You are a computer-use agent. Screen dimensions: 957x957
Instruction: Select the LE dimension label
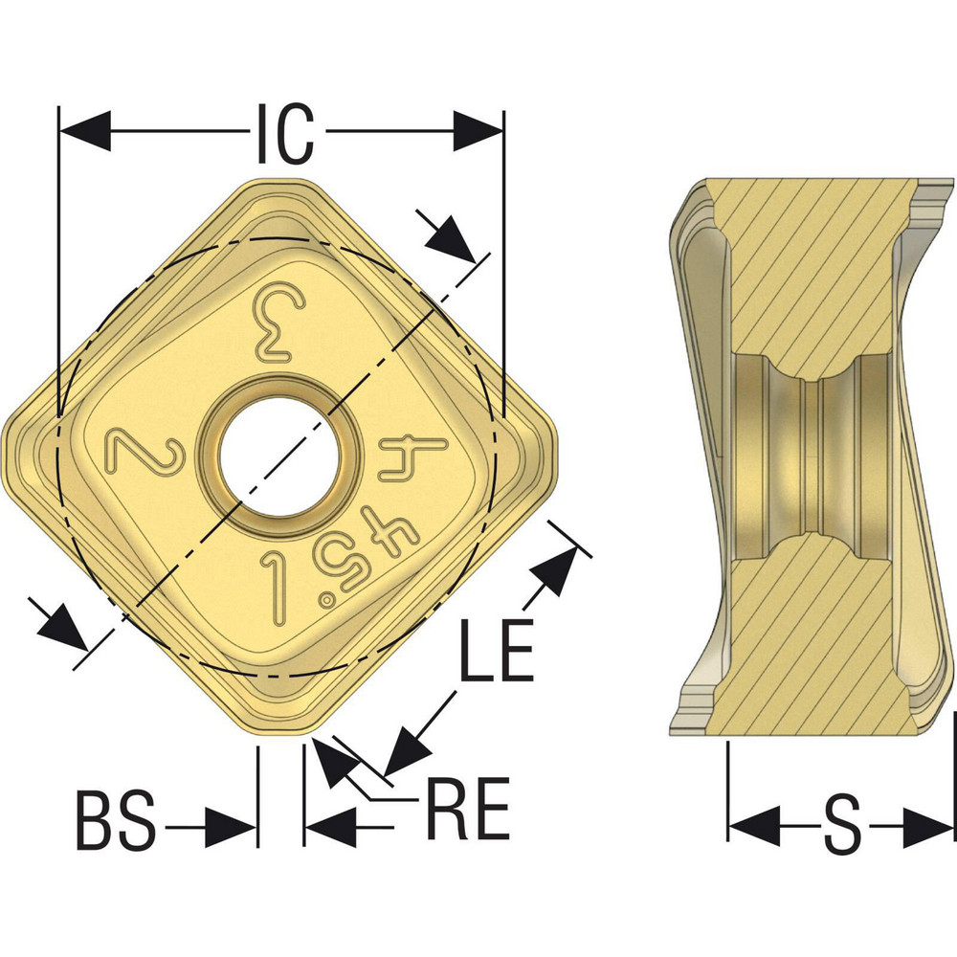[x=496, y=651]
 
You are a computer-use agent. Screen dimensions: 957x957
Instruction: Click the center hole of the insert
[x=277, y=447]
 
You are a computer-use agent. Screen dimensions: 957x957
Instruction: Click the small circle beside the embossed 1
[x=328, y=600]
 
